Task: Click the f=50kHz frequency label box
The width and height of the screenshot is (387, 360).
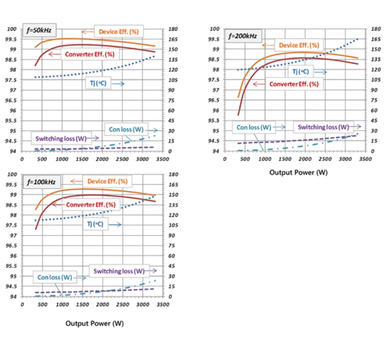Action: (39, 30)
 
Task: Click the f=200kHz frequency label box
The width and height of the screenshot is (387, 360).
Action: (243, 36)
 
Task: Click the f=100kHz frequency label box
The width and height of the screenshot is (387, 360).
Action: (41, 182)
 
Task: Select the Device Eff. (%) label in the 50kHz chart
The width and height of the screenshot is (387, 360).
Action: (119, 32)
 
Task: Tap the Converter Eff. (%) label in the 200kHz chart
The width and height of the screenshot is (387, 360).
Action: (294, 84)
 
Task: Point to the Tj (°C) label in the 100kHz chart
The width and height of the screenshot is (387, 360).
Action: (95, 224)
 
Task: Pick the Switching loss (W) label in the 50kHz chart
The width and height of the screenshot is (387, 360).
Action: (61, 139)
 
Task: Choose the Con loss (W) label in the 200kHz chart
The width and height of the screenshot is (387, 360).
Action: (254, 127)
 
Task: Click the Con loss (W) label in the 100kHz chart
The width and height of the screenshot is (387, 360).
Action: (55, 277)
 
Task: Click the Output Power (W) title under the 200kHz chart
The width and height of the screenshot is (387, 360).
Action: (298, 172)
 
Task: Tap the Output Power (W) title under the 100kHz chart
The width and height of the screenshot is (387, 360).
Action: (95, 323)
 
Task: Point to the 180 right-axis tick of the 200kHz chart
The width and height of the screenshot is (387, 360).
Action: (376, 29)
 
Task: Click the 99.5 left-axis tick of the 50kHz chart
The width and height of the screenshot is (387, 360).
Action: (11, 39)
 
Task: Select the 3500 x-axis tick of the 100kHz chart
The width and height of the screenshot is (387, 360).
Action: (163, 304)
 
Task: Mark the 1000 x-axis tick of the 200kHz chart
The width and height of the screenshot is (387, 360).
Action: (265, 159)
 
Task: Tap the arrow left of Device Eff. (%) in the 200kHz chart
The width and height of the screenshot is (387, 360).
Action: (268, 45)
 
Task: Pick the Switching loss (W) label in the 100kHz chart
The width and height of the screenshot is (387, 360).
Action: (119, 271)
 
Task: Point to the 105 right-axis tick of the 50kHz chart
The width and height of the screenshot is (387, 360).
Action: (173, 80)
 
